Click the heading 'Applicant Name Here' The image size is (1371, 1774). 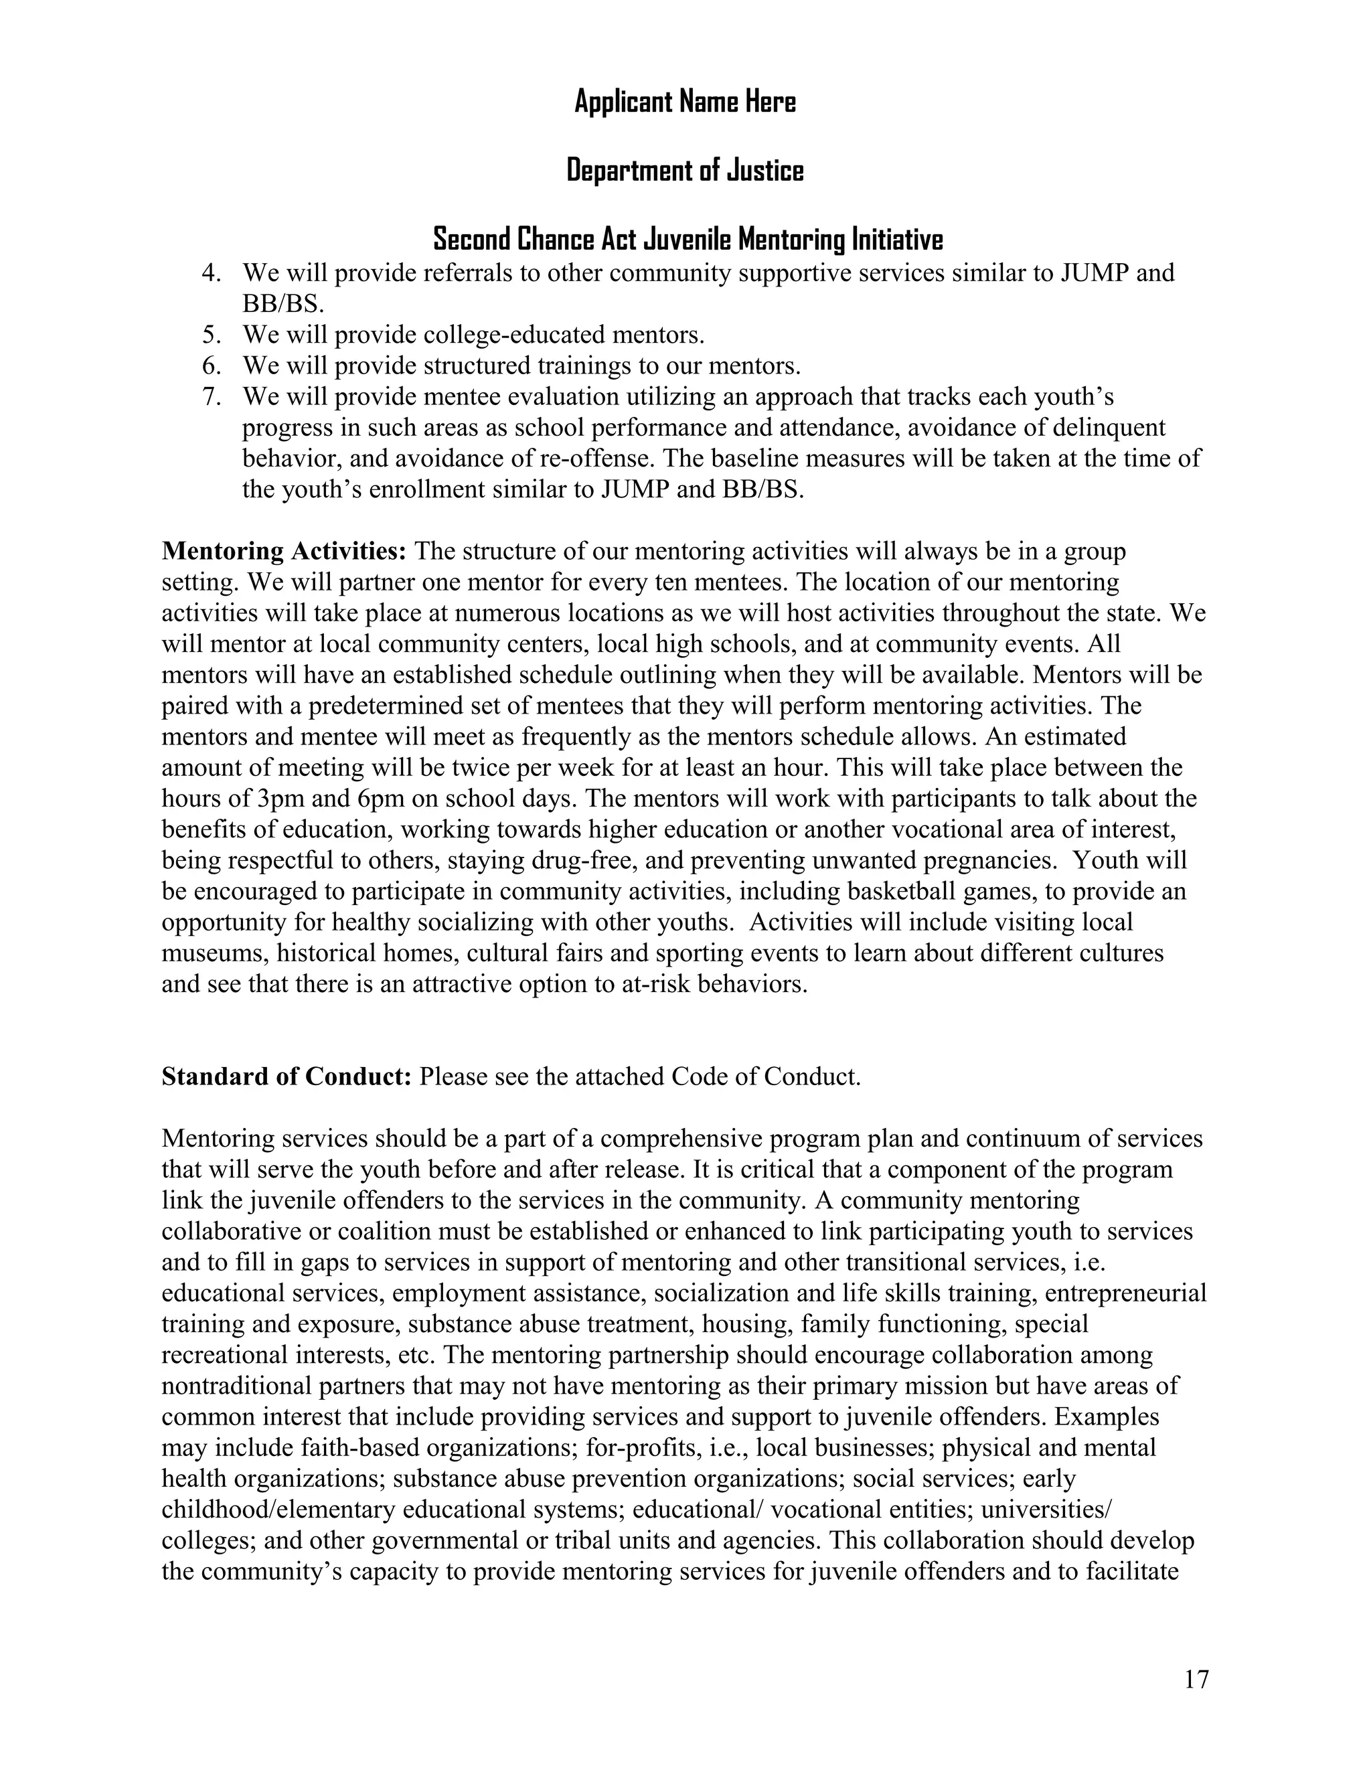685,102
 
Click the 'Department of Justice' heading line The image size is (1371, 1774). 685,171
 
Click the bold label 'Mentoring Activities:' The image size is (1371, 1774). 283,551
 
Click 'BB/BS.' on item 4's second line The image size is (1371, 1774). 283,304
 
